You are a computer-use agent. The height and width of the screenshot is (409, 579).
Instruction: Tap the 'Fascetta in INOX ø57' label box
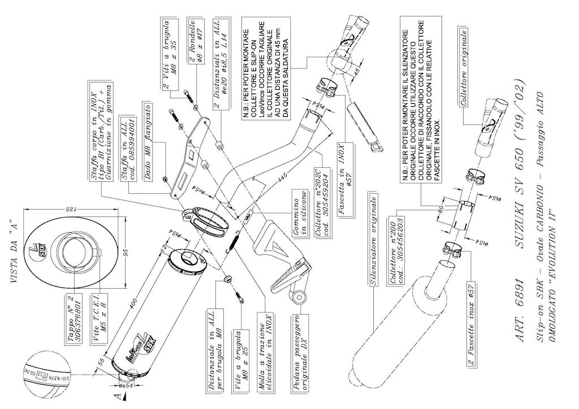click(x=346, y=175)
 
